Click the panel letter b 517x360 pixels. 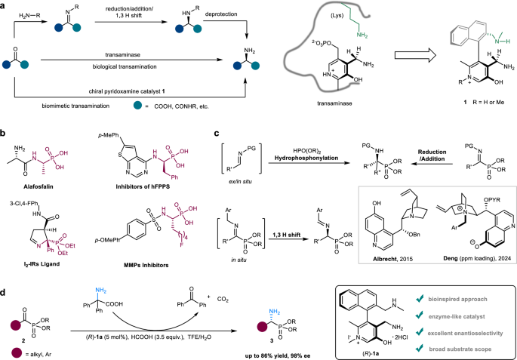(x=5, y=135)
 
